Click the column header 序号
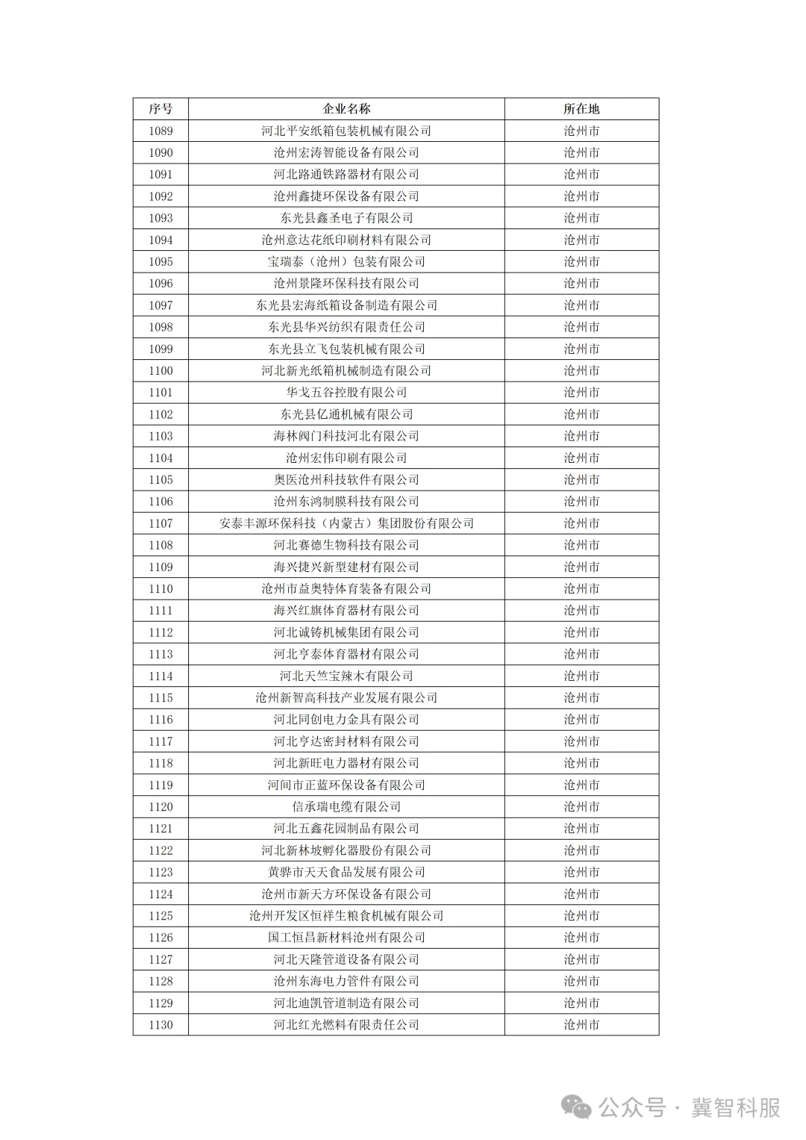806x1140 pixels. tap(160, 109)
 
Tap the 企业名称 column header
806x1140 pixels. tap(346, 109)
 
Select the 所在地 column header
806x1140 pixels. tap(581, 109)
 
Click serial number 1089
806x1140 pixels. tap(160, 131)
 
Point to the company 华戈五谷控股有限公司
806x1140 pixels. tap(346, 393)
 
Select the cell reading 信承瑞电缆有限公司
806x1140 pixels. tap(346, 807)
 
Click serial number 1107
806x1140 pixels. tap(160, 523)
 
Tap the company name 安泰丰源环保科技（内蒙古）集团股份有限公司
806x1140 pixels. tap(346, 523)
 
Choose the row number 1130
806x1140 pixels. tap(160, 1025)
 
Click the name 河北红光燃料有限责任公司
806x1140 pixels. tap(346, 1025)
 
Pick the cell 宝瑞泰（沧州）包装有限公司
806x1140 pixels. tap(346, 262)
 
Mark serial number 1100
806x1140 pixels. tap(160, 371)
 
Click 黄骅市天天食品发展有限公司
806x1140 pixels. tap(346, 872)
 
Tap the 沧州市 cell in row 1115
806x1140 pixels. tap(581, 698)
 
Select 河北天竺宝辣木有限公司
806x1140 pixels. tap(346, 676)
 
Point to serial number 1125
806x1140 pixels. tap(160, 916)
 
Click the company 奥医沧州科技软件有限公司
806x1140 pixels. tap(346, 480)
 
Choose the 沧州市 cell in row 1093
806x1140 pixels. tap(581, 218)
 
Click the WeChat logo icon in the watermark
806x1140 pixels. tap(577, 1107)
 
